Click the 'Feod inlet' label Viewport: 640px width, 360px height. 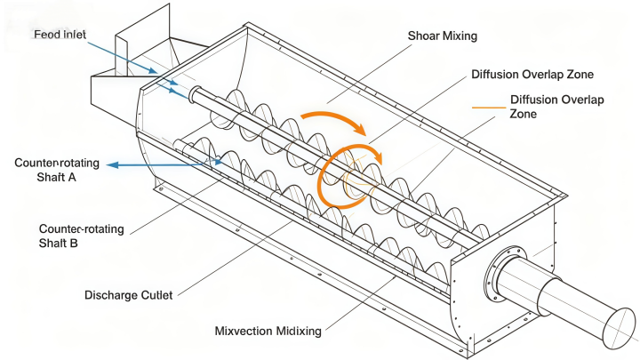[x=60, y=35]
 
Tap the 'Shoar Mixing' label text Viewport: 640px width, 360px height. [x=443, y=36]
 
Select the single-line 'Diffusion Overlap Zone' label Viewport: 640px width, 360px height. [x=532, y=75]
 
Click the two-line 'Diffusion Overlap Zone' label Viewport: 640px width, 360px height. [x=556, y=107]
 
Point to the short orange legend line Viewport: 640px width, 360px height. [x=489, y=108]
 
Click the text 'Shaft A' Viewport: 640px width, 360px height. [x=56, y=177]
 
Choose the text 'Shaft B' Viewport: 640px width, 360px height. [x=58, y=244]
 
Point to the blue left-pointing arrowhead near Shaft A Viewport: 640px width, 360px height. [x=113, y=165]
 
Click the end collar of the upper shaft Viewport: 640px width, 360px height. [x=196, y=93]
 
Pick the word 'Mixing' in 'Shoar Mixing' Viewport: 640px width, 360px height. [x=460, y=36]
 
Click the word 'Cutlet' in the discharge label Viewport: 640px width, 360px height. [x=156, y=295]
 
